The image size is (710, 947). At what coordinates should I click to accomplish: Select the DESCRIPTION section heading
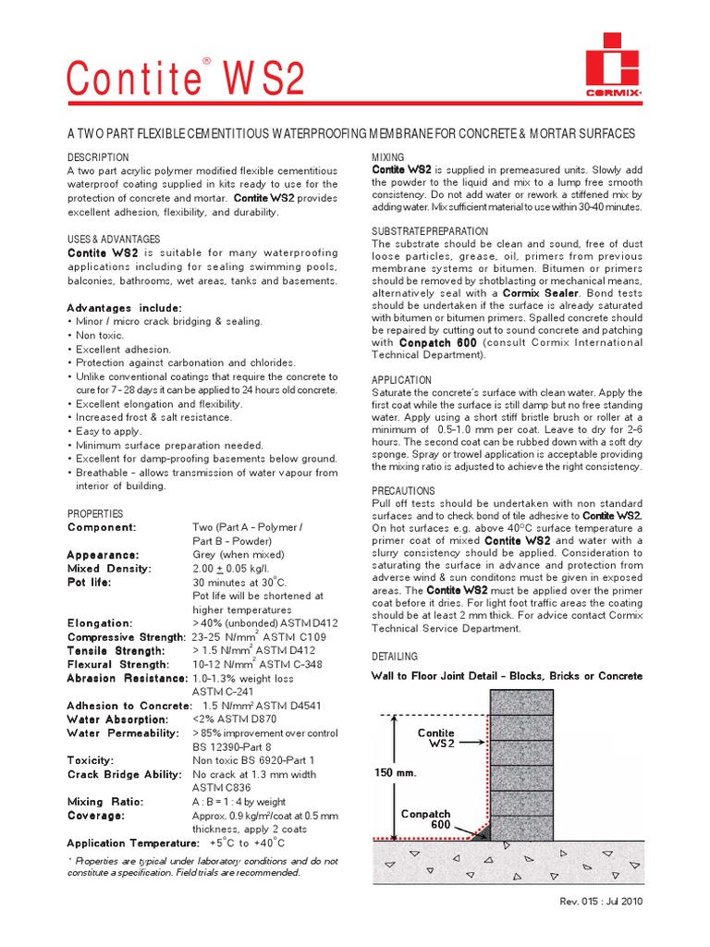point(98,158)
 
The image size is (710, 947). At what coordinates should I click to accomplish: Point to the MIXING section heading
point(387,157)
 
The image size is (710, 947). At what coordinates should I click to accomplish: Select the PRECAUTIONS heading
point(404,491)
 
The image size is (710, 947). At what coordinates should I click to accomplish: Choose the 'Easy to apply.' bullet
point(104,431)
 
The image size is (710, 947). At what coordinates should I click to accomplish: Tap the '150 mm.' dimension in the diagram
point(396,771)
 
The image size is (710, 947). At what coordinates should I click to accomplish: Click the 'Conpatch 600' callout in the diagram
point(425,819)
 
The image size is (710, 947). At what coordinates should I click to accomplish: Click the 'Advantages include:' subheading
point(124,307)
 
